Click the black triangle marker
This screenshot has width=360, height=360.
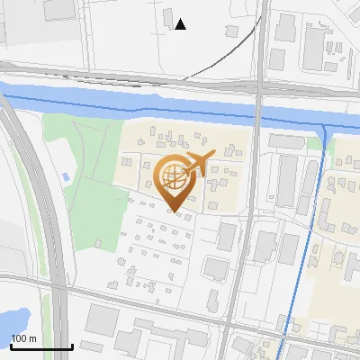[181, 24]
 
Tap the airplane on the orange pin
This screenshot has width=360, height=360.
[199, 163]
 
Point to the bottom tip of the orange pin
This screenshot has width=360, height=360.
[175, 212]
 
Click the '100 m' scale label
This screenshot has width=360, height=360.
[23, 338]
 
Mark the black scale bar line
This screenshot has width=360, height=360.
[41, 346]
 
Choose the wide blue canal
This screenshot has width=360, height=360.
[135, 104]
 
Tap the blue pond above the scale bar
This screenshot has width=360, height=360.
[13, 319]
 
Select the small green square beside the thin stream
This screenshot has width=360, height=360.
[314, 141]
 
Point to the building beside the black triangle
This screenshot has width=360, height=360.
[168, 19]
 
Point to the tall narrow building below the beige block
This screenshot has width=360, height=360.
[226, 237]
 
